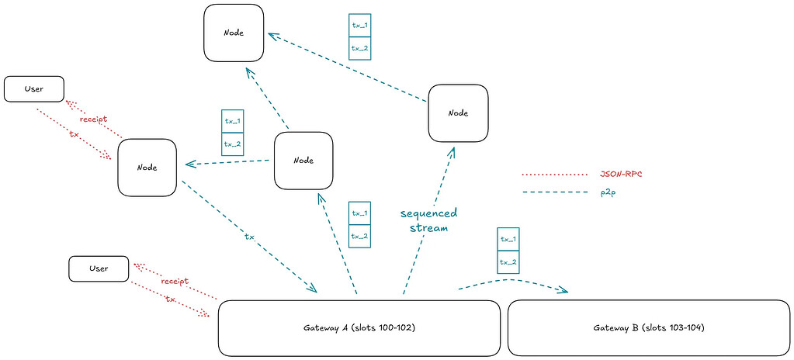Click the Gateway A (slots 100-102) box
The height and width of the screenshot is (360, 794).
tap(359, 327)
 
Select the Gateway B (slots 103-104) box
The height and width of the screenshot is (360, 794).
tap(649, 327)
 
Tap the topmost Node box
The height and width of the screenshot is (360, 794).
tap(234, 33)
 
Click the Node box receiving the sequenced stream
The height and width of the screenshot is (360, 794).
tap(458, 112)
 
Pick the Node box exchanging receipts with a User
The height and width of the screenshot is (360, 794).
tap(147, 167)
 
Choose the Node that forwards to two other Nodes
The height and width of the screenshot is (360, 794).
tap(304, 160)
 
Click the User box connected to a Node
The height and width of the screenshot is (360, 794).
tap(33, 89)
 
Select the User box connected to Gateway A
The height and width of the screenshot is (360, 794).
tap(99, 268)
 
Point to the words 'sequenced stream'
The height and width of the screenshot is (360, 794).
tap(428, 220)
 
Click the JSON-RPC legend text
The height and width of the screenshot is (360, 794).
tap(621, 174)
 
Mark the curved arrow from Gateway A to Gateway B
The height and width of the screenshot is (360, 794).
tap(512, 283)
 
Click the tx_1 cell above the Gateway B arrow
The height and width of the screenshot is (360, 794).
tap(508, 239)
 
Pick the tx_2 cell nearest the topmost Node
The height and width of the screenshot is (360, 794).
tap(360, 48)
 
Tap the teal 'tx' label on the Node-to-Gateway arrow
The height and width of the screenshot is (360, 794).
tap(249, 237)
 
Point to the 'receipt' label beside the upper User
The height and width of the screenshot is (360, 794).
tap(93, 119)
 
